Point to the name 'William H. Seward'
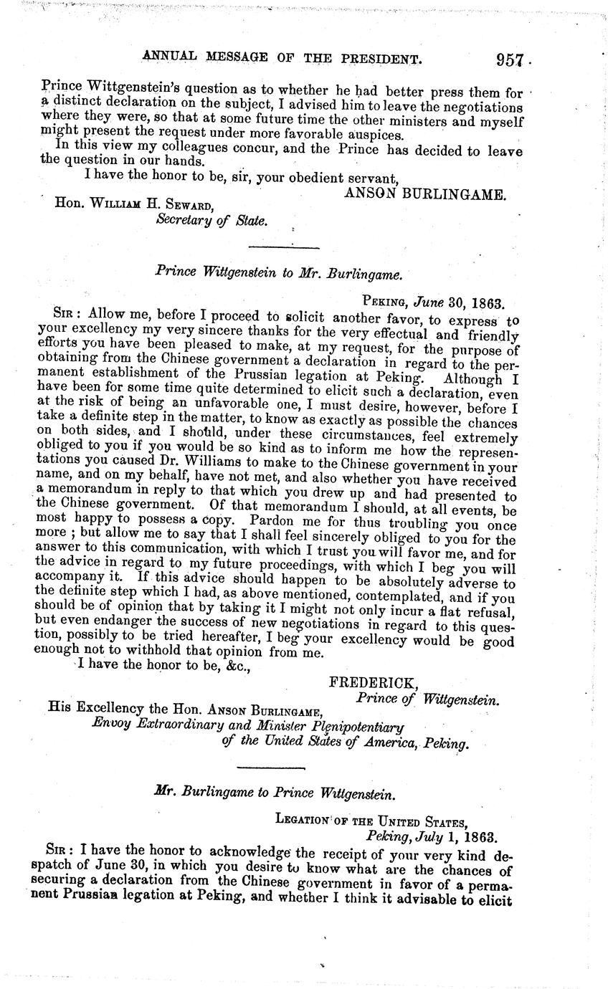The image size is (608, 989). coord(148,204)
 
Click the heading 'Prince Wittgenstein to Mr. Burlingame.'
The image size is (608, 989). coord(277,272)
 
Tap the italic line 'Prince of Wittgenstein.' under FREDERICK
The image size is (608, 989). coord(427,698)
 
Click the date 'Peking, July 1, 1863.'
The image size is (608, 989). coord(427,836)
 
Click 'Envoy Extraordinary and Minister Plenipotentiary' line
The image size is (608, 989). coord(248,727)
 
